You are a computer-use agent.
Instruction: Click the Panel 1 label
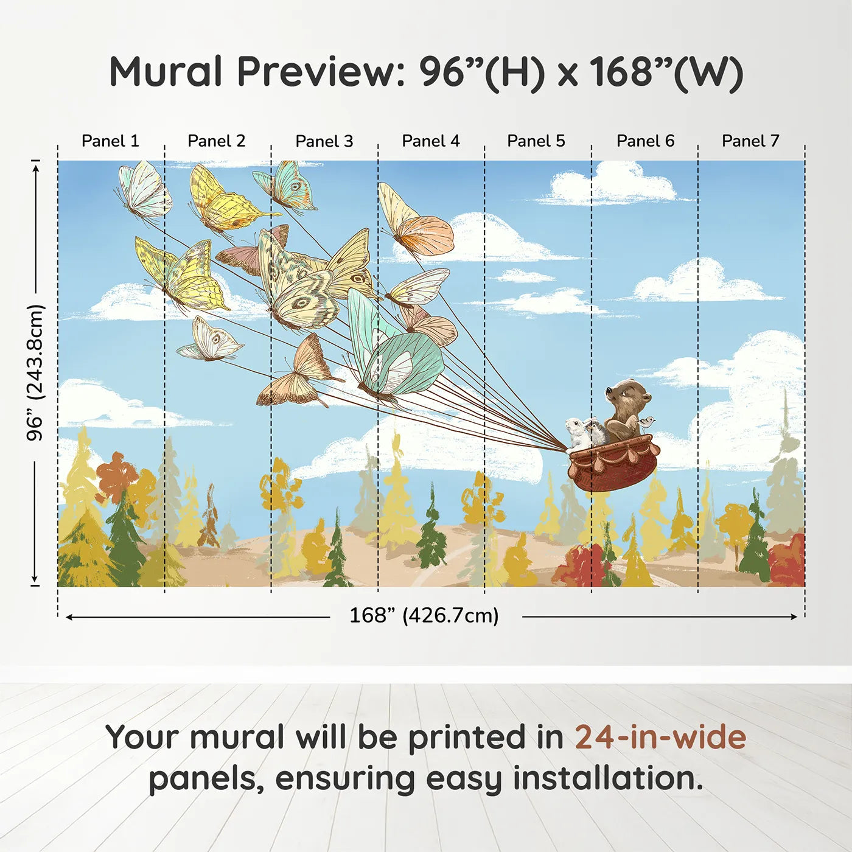(x=110, y=141)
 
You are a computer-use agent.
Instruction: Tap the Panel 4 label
(x=430, y=141)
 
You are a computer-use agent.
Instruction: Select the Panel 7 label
(x=750, y=141)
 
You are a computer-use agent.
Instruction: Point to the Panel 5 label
(x=536, y=141)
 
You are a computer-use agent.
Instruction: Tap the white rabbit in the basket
(x=576, y=431)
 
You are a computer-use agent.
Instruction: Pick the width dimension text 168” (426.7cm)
(x=424, y=616)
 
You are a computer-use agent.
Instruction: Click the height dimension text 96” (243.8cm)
(x=36, y=372)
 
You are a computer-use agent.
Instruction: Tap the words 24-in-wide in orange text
(x=660, y=738)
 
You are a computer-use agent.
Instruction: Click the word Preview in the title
(x=316, y=72)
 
